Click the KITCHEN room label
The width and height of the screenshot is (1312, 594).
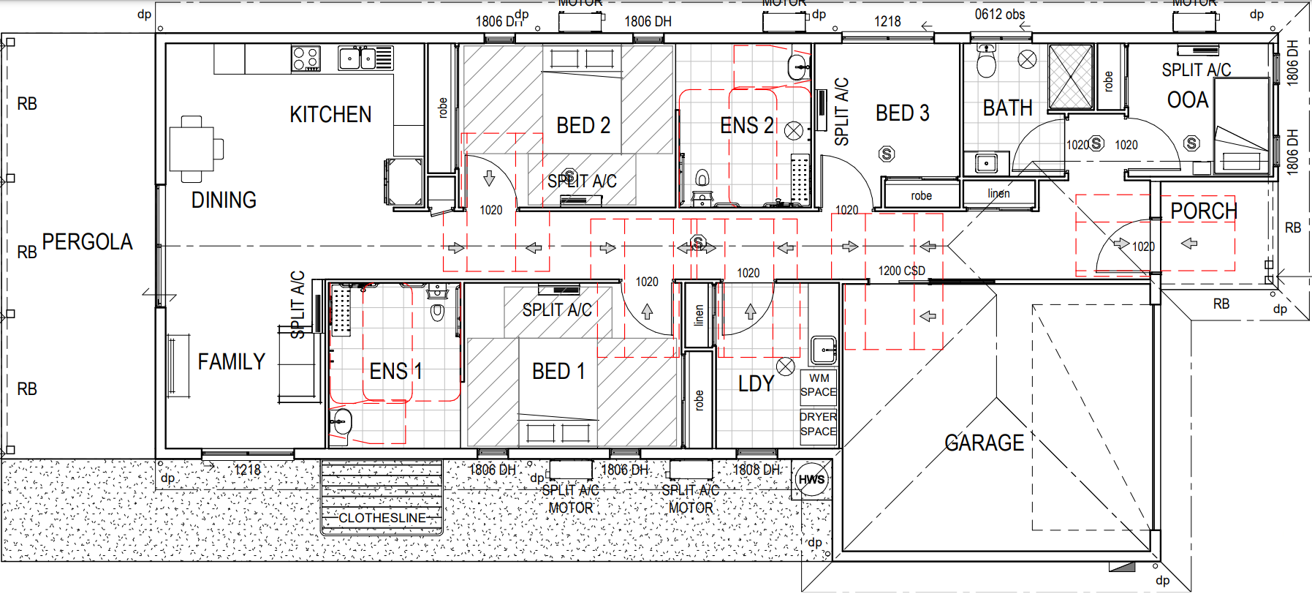point(330,115)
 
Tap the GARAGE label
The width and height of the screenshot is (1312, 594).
point(984,443)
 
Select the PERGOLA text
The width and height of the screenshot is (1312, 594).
point(87,242)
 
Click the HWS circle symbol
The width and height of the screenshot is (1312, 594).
point(811,480)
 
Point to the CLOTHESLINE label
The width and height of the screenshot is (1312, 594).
point(382,518)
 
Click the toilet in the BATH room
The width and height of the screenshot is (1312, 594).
point(986,61)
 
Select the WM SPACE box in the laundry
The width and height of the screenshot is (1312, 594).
point(819,386)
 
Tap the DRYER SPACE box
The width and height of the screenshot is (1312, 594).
point(818,424)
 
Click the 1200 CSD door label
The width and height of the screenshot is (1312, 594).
point(901,271)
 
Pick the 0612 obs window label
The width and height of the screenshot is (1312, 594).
point(999,15)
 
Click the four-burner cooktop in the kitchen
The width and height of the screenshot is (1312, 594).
point(306,59)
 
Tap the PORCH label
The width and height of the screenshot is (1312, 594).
point(1203,211)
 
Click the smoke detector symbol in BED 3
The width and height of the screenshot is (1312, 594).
point(887,154)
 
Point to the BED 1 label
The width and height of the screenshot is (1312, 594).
point(558,372)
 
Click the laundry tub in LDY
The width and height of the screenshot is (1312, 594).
point(824,350)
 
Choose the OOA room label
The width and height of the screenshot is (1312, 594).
point(1187,100)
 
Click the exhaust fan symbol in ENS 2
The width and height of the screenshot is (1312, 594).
point(794,131)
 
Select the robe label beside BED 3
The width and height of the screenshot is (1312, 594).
point(921,196)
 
